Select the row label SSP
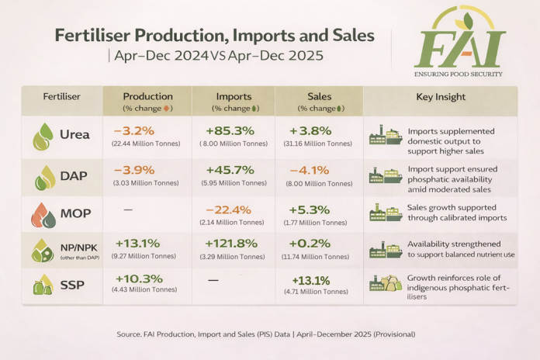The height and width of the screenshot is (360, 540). coord(72,286)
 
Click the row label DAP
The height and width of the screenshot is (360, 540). coord(73,177)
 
